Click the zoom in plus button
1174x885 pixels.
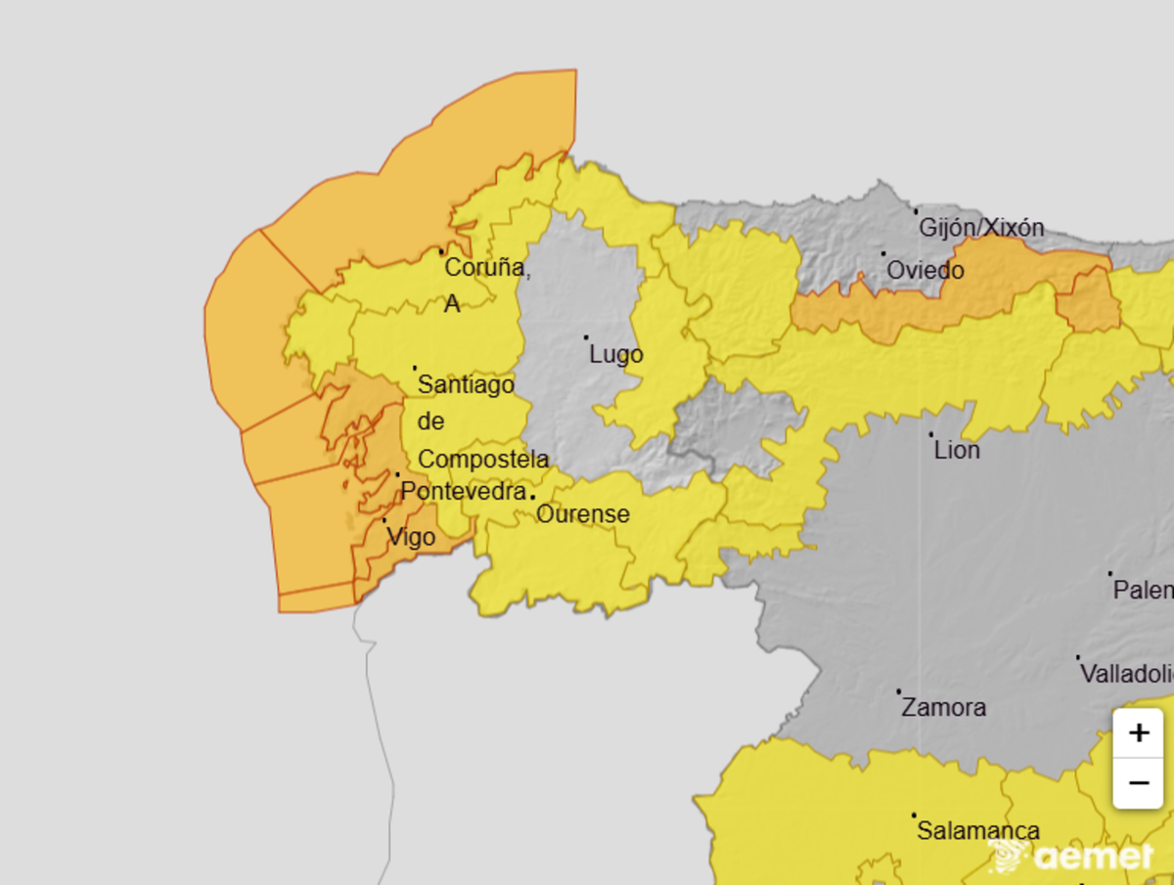[1138, 733]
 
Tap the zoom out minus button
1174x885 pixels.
[1138, 783]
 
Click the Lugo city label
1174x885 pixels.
[616, 354]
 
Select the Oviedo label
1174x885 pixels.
[926, 269]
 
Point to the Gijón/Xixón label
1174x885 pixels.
[981, 228]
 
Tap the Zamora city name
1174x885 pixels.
[943, 707]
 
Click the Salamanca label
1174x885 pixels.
[977, 831]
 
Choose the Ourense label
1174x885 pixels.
[582, 513]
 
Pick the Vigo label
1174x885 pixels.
[411, 536]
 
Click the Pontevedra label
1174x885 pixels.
[464, 491]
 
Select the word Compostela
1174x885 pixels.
[483, 459]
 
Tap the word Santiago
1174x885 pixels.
[466, 385]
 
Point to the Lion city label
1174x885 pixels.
[957, 451]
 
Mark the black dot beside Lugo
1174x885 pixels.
[587, 337]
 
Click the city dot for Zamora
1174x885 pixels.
[899, 691]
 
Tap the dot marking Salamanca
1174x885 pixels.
[914, 815]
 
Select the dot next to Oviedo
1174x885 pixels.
[883, 253]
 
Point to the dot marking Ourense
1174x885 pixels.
[532, 496]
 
